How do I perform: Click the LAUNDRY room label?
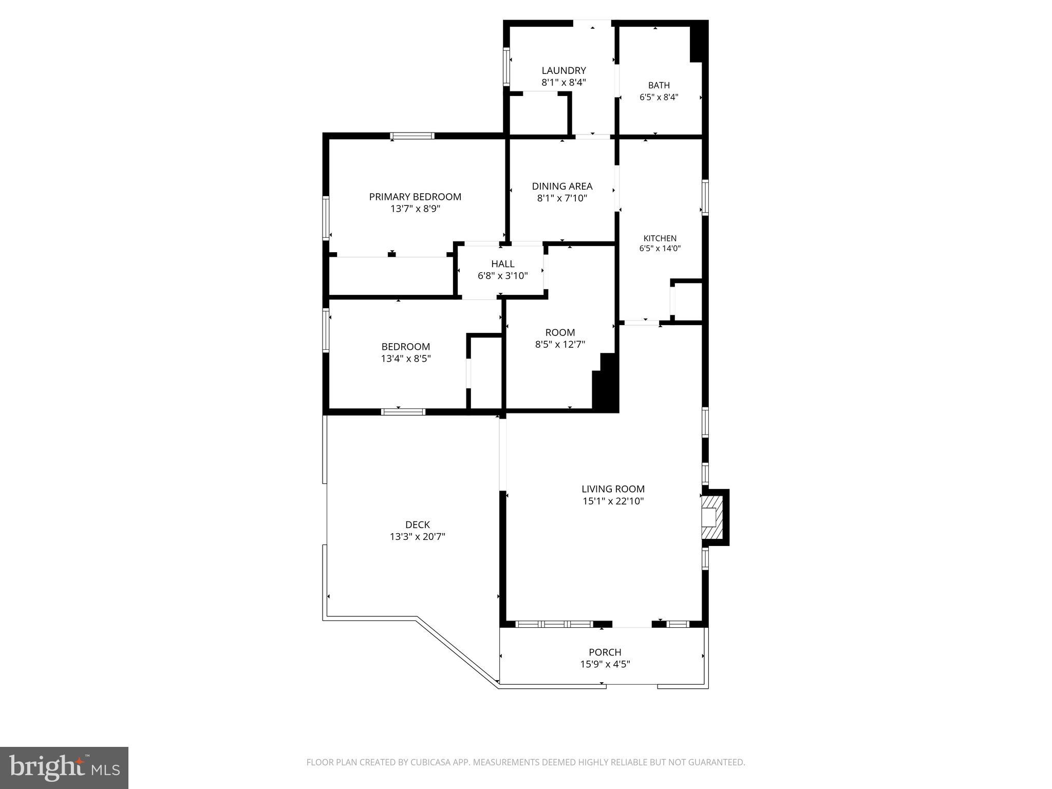pos(563,70)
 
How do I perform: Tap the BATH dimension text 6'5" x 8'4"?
pos(659,97)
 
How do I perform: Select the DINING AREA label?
pos(562,186)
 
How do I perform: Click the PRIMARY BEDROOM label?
pos(415,197)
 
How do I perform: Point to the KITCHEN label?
pos(660,238)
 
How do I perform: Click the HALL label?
pos(502,264)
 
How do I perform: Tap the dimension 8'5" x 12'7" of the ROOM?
pos(560,344)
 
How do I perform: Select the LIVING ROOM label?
pos(613,489)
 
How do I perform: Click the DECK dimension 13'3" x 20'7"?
pos(417,537)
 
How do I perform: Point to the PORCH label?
pos(605,652)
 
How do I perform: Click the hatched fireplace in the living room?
pos(712,517)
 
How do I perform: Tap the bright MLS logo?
pos(64,768)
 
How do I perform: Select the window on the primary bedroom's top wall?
pos(412,136)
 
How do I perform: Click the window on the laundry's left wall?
pos(506,66)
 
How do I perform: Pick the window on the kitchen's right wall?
pos(705,197)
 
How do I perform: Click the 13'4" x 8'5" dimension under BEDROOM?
pos(406,359)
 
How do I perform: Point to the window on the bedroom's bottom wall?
pos(403,411)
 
